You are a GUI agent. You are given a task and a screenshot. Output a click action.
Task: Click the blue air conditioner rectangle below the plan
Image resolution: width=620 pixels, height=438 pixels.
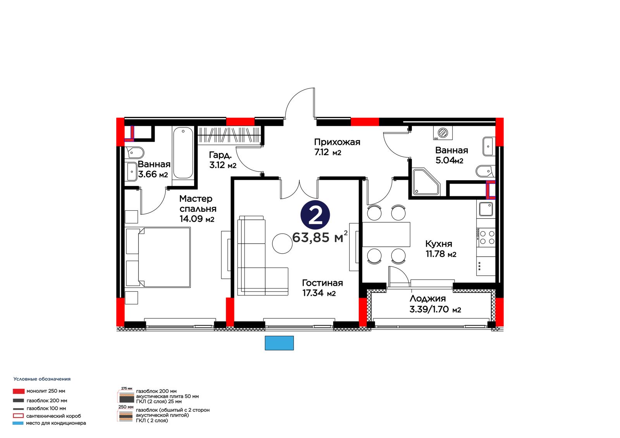coord(279,343)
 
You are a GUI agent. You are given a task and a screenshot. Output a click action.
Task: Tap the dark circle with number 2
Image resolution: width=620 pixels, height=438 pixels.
coord(315,215)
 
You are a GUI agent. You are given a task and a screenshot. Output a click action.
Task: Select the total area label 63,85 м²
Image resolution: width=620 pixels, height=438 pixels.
coord(320,237)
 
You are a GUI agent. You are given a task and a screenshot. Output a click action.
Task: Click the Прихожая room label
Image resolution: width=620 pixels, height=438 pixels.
coord(337,142)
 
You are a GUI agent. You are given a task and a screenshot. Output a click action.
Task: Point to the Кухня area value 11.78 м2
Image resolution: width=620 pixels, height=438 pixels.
coord(441,254)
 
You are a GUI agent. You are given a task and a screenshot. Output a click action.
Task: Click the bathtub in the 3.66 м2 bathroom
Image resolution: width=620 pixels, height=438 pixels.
coord(183,153)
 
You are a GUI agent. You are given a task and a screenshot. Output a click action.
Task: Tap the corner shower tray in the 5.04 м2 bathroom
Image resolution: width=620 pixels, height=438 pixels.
coord(426,182)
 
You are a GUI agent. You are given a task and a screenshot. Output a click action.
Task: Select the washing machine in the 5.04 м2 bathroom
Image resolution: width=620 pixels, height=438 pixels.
coord(443,133)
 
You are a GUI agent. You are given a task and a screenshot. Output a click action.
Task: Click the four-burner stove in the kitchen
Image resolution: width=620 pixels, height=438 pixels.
coord(486,237)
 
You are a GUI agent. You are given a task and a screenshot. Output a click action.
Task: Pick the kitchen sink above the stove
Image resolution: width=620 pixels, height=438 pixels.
coord(486,209)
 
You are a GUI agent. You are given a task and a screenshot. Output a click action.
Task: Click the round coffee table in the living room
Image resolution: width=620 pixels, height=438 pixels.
coord(282,244)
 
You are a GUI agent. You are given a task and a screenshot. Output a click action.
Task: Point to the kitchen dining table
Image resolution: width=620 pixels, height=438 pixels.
coord(386,234)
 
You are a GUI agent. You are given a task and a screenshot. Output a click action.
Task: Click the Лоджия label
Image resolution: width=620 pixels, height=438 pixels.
coord(428,299)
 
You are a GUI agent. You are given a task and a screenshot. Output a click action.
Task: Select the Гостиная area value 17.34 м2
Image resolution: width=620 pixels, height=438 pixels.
coord(319,293)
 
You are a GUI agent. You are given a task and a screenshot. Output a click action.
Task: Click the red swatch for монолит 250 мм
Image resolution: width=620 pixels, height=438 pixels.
coord(19,391)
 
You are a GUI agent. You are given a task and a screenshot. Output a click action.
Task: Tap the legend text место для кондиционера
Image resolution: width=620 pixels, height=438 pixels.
coord(56,423)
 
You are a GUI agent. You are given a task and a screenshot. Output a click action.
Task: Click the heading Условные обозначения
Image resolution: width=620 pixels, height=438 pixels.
coord(42,379)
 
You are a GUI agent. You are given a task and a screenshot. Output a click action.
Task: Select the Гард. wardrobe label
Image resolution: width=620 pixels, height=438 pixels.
coord(220,155)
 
